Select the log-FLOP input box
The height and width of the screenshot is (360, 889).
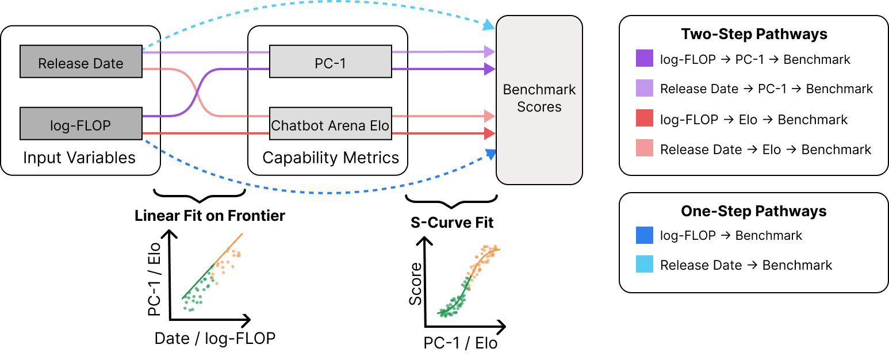tap(81, 124)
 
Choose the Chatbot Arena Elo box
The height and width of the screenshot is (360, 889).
tap(331, 124)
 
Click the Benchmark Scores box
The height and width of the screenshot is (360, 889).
tap(539, 99)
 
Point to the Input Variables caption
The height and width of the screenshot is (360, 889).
tap(79, 158)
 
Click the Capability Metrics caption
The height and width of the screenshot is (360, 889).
tap(331, 158)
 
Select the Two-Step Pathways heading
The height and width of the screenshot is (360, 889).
tap(754, 35)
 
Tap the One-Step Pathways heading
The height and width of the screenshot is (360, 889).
tap(754, 211)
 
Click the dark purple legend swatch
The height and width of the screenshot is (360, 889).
tap(645, 59)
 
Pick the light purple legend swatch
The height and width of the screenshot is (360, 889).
tap(645, 89)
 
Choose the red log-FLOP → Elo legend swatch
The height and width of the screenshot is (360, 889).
tap(645, 120)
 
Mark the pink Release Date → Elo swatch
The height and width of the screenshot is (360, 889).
tap(645, 150)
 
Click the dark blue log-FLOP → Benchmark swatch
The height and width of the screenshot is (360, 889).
tap(645, 235)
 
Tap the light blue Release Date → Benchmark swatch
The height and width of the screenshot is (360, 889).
tap(645, 265)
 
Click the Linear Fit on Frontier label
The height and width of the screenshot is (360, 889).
tap(209, 216)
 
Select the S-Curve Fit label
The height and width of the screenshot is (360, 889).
tap(452, 223)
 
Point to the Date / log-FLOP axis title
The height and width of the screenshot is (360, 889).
tap(214, 339)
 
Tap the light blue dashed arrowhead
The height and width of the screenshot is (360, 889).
tap(489, 25)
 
